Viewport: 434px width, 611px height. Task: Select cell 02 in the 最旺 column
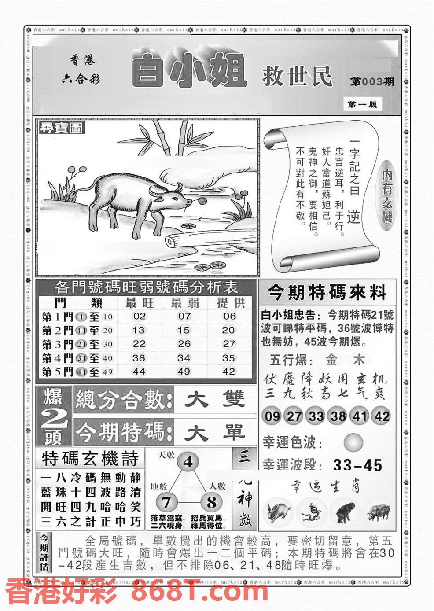(139, 316)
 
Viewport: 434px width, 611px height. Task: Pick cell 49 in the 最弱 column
(184, 372)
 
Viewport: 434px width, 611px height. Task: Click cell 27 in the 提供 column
(229, 344)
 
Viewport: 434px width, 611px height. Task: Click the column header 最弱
(184, 302)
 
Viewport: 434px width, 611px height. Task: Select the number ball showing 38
(338, 416)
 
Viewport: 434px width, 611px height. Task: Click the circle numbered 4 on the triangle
(188, 463)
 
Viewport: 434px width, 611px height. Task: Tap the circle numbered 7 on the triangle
(166, 502)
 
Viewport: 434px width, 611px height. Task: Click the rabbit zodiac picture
(277, 512)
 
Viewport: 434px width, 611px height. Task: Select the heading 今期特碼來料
(327, 292)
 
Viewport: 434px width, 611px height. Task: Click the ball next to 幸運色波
(353, 442)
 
